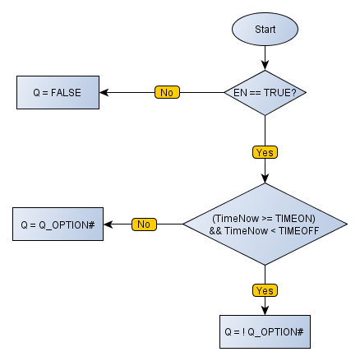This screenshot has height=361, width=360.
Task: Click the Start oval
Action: coord(265,29)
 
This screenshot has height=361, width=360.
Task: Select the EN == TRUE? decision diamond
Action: coord(265,92)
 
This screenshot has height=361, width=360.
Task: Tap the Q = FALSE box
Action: coord(58,92)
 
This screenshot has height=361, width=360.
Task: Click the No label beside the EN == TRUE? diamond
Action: coord(166,92)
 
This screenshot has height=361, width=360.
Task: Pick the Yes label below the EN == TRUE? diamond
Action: coord(265,152)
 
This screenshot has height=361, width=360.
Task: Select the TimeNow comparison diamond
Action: coord(265,224)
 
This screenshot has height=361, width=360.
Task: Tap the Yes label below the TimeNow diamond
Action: coord(265,290)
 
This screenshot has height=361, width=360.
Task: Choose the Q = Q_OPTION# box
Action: coord(58,224)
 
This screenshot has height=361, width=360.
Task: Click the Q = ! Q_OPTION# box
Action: coord(265,333)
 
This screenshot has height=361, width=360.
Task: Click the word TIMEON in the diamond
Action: coord(298,218)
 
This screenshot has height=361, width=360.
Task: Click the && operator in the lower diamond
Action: coord(215,230)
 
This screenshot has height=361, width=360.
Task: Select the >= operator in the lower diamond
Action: coord(269,218)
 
